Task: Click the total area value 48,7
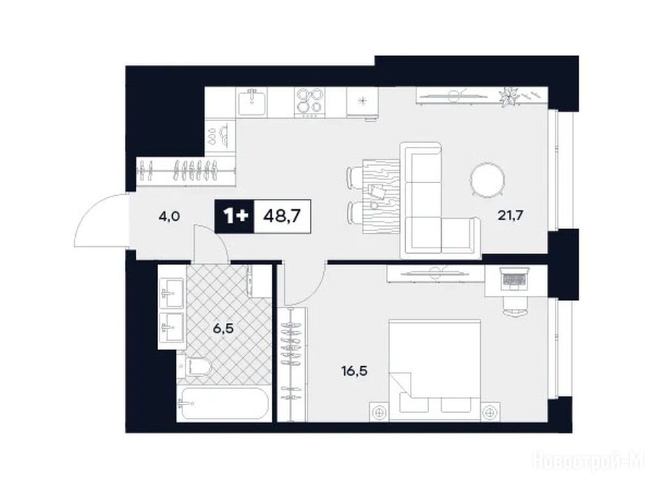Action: [x=282, y=216]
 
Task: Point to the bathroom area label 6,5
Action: [x=223, y=329]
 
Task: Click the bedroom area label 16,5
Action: [x=355, y=371]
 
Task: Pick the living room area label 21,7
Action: [x=510, y=216]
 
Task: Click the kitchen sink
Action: [x=252, y=103]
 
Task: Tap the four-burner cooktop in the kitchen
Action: [x=309, y=101]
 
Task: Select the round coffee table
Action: [x=488, y=180]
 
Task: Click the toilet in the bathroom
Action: [x=195, y=366]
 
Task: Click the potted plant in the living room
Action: [x=509, y=97]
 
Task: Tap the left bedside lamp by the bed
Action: [x=379, y=413]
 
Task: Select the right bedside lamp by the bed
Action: [x=490, y=413]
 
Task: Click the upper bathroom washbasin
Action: [x=172, y=293]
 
